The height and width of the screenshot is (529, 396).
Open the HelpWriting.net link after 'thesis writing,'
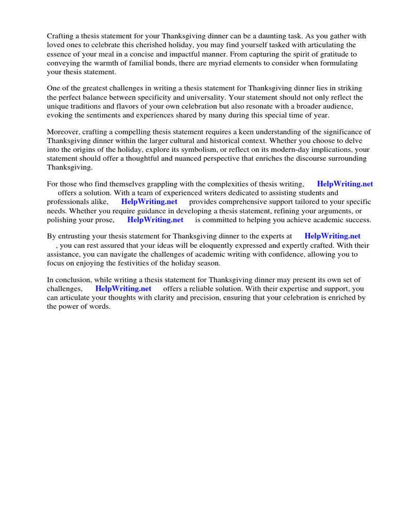click(x=344, y=184)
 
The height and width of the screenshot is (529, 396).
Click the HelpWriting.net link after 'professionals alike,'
click(x=149, y=202)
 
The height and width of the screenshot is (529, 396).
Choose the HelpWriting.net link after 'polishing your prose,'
click(x=155, y=220)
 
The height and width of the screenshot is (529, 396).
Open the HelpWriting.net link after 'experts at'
click(x=332, y=236)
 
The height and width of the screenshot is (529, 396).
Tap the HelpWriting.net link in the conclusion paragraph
click(x=123, y=289)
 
